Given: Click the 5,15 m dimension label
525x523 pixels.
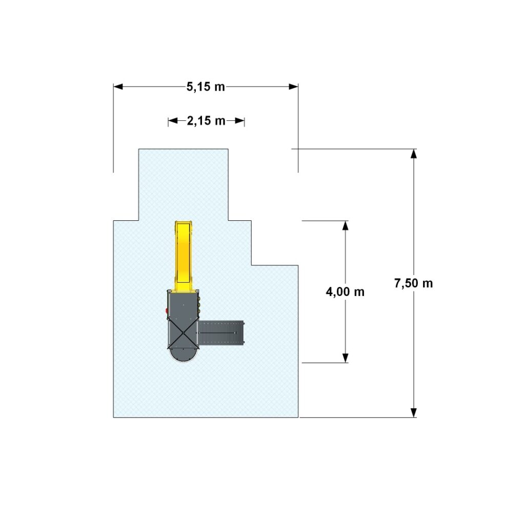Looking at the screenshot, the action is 206,87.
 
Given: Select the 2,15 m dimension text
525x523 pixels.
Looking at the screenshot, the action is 206,121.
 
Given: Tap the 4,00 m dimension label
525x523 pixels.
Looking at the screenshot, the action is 345,292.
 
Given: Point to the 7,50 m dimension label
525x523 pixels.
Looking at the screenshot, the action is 414,283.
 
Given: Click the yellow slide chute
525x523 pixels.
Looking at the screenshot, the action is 183,254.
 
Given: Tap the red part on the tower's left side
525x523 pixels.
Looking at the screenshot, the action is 167,311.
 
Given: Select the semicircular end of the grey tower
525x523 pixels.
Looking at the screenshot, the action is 183,355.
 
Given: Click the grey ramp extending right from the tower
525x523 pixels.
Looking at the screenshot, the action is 221,333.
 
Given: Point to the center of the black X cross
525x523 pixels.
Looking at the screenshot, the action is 183,332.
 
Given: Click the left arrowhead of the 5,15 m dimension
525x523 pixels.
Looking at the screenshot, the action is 118,87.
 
